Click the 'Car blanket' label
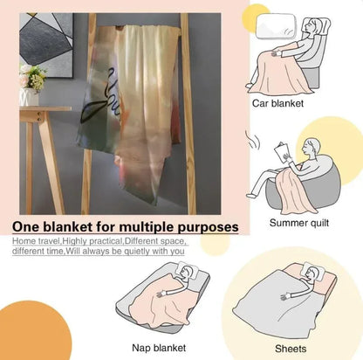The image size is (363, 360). point(277,103)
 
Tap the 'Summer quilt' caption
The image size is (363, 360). point(299,223)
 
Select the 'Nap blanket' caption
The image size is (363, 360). point(159,348)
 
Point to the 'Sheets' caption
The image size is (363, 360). point(291,349)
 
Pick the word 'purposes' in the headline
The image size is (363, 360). point(208,228)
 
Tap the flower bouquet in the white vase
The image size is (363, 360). point(32,77)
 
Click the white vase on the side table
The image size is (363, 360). point(29,97)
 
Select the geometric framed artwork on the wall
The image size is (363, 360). point(46,45)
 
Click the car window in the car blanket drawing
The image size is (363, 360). point(276,26)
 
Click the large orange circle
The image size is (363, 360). point(33,331)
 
